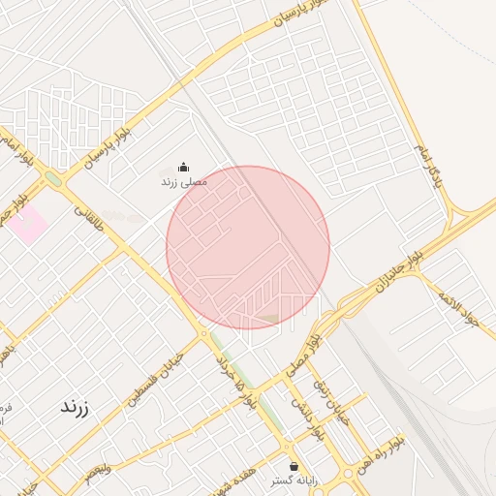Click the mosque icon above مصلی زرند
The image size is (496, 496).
[x=184, y=167]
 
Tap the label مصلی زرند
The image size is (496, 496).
[x=183, y=181]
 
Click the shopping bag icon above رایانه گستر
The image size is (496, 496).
[x=294, y=467]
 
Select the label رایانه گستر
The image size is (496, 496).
[x=294, y=480]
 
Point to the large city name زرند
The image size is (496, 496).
[x=75, y=407]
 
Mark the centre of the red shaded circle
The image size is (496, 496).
[x=248, y=247]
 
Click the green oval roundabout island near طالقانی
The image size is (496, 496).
[x=52, y=178]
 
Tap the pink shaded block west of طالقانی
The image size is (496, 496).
[x=30, y=224]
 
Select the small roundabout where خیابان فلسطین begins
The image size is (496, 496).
[x=204, y=334]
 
